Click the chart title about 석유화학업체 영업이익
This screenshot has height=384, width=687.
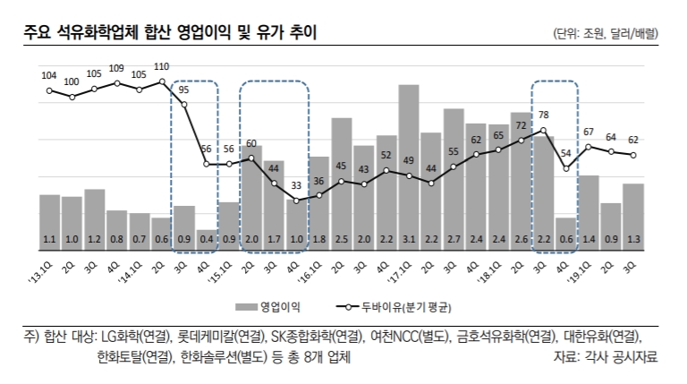(x=170, y=33)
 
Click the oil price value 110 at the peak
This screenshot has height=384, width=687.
(x=162, y=67)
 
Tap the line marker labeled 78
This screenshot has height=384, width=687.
(x=543, y=131)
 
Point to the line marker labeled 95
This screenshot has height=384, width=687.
(x=184, y=105)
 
